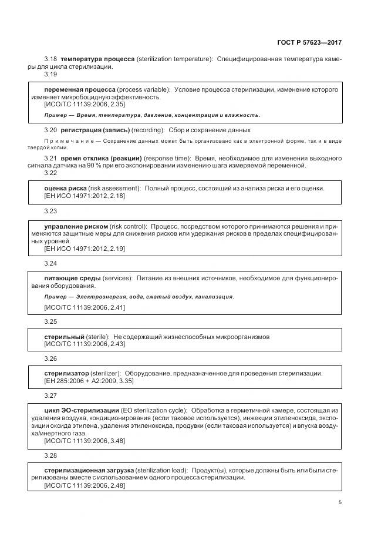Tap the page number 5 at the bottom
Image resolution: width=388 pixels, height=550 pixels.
pos(340,502)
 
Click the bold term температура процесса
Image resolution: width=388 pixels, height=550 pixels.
pos(97,60)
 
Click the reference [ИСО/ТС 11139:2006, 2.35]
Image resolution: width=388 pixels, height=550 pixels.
pos(76,103)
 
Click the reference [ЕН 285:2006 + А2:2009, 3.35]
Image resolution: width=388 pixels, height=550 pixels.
pos(89,381)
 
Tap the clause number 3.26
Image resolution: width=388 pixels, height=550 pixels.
pos(50,358)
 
